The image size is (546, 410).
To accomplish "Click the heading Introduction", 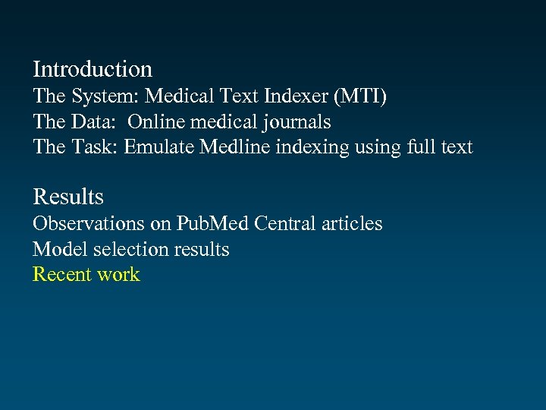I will [93, 70].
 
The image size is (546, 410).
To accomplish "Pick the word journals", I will [296, 121].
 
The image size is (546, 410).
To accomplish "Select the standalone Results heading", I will [68, 197].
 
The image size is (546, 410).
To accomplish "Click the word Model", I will [55, 249].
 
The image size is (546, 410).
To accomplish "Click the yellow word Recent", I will [61, 274].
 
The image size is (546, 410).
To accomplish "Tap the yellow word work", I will [118, 274].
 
